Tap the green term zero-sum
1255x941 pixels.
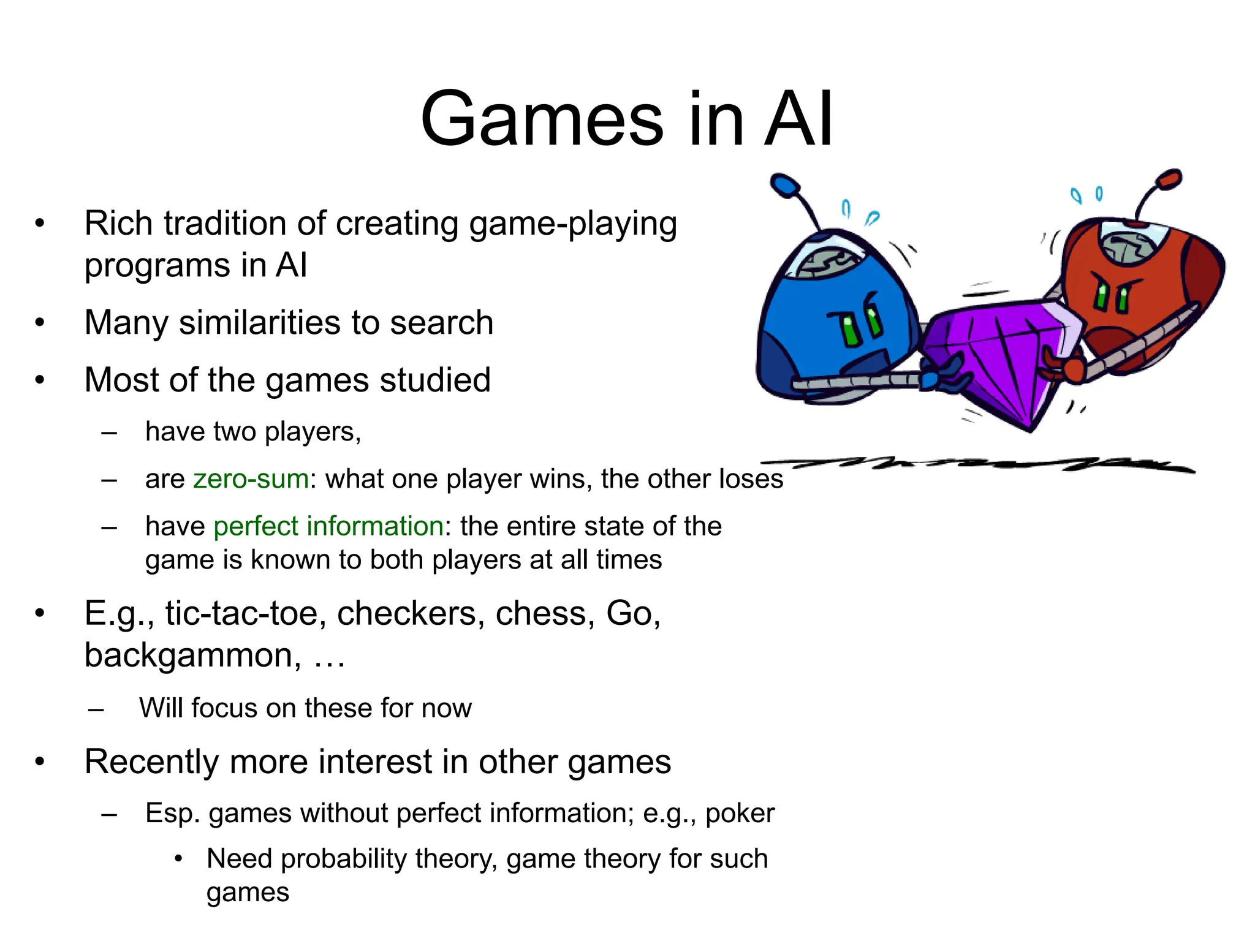click(251, 479)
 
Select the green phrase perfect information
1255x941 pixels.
click(328, 526)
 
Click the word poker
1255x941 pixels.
click(740, 814)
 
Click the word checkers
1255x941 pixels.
click(406, 613)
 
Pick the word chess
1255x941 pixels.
click(545, 613)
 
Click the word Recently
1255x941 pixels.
click(151, 762)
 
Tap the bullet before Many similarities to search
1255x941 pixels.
click(40, 323)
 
